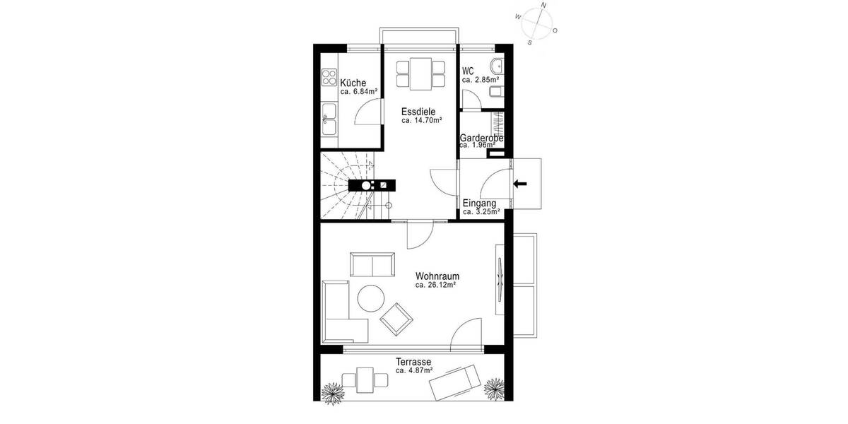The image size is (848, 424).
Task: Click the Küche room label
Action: (353, 83)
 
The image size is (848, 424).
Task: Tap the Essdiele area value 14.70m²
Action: (422, 121)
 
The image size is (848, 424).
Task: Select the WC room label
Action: (468, 71)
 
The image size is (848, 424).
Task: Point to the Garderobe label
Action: (481, 137)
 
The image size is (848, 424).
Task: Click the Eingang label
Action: (478, 204)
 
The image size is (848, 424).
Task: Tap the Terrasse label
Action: (413, 361)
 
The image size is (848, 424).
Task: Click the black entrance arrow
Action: (520, 184)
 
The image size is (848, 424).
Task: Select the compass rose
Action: (538, 23)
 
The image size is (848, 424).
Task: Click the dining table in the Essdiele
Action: (421, 73)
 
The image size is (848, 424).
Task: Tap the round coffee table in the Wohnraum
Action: (370, 298)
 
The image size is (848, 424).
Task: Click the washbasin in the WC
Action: (497, 67)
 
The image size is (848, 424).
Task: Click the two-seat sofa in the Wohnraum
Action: (373, 264)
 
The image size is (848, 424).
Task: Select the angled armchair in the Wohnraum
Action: (396, 319)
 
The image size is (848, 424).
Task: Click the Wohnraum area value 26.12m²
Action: (435, 285)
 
